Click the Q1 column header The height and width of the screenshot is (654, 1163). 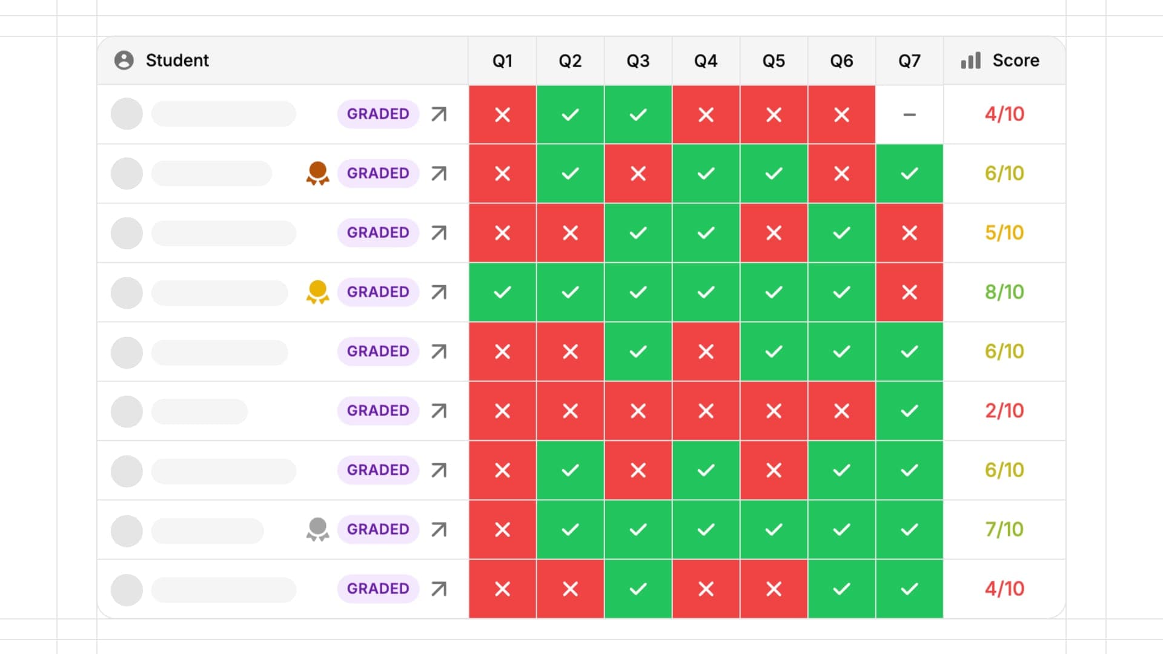click(x=502, y=61)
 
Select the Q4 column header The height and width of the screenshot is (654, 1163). click(x=706, y=61)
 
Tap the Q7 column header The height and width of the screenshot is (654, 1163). click(x=909, y=61)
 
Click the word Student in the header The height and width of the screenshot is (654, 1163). click(x=177, y=61)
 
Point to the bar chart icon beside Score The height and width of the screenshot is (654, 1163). click(x=970, y=61)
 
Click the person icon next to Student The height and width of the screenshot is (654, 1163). click(x=124, y=61)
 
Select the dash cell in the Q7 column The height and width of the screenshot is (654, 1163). click(x=909, y=114)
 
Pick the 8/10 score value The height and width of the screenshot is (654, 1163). click(x=1004, y=292)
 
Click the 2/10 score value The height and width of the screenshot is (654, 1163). click(x=1004, y=411)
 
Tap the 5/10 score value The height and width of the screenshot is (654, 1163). click(x=1004, y=233)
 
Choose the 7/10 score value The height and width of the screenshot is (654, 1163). click(x=1004, y=529)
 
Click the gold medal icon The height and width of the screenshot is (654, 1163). click(x=317, y=292)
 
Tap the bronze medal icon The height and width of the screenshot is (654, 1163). click(x=317, y=173)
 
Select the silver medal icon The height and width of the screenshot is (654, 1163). click(x=317, y=529)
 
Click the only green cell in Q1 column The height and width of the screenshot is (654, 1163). click(x=502, y=292)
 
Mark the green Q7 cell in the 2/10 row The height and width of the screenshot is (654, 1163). click(x=909, y=411)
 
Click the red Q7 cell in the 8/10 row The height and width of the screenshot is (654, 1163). click(x=909, y=292)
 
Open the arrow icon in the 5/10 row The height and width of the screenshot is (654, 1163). click(x=439, y=233)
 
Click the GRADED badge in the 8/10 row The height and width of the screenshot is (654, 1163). click(x=378, y=292)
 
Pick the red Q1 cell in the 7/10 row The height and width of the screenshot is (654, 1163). click(x=502, y=529)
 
